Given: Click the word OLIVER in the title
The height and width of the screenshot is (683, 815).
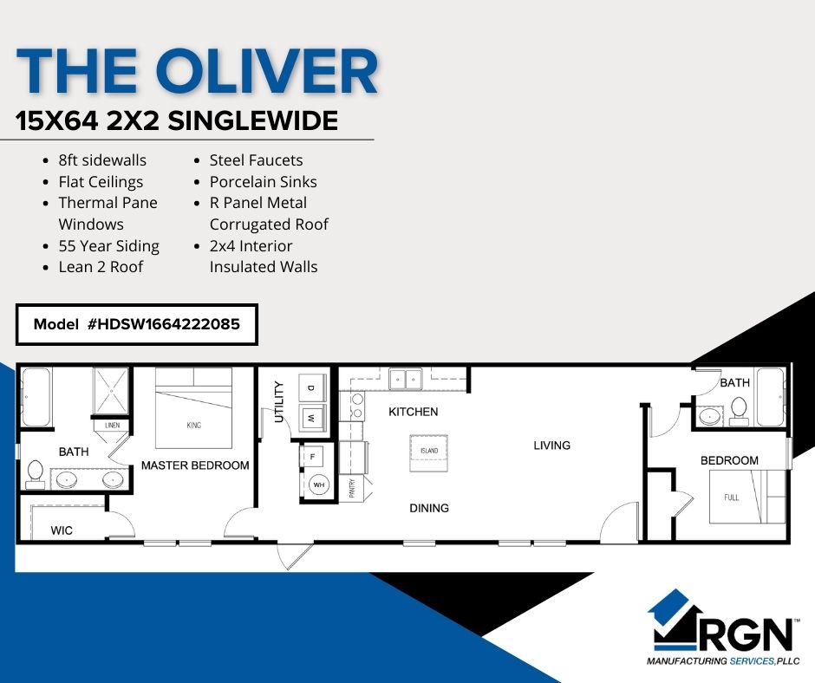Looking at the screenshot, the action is point(267,71).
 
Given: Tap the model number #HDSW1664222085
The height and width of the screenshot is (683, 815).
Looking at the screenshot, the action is point(164,324).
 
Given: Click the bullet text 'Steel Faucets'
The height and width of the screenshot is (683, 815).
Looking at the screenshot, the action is point(256,160).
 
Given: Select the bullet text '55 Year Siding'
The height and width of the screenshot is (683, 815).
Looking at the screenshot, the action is point(108,246).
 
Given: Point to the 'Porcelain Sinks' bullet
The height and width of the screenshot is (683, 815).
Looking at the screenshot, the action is point(263,181).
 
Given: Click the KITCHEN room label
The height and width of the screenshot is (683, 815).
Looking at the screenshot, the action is point(414,412).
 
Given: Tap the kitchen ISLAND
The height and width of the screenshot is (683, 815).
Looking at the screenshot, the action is point(429,452).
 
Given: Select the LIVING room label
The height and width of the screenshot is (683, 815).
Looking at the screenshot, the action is point(552,445).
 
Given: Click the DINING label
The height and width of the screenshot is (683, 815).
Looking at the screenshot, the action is point(429,508).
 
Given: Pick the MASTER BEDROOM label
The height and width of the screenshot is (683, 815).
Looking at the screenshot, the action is point(195,465).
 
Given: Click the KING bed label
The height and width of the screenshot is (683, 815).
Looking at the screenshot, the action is point(194,426).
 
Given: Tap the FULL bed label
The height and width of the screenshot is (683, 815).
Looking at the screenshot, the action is point(731,498).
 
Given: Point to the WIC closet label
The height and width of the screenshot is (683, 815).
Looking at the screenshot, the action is point(62,530).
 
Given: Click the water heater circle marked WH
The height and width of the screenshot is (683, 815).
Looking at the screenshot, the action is point(318,485).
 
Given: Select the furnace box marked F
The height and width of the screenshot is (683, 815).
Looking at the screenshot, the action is point(312,457).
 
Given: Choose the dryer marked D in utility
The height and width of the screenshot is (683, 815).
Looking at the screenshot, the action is point(311,387).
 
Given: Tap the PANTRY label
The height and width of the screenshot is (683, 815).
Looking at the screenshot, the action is point(352,489).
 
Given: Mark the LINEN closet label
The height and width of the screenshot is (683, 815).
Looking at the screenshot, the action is point(112,426).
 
